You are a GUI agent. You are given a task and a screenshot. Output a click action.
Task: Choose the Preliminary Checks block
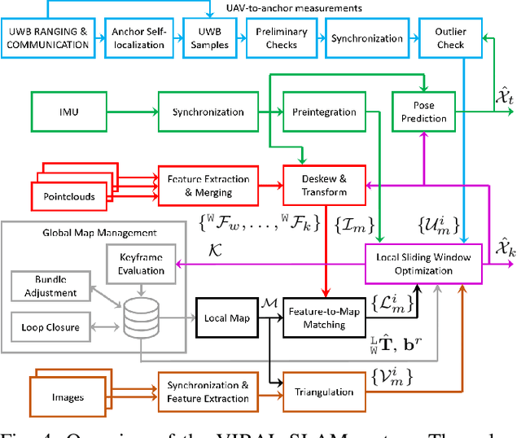pos(282,38)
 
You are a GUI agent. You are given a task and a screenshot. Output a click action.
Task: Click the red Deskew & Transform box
pos(323,185)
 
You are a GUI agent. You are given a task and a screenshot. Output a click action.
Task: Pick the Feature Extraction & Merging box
pos(208,185)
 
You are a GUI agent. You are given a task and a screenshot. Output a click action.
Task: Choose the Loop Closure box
pos(50,327)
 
